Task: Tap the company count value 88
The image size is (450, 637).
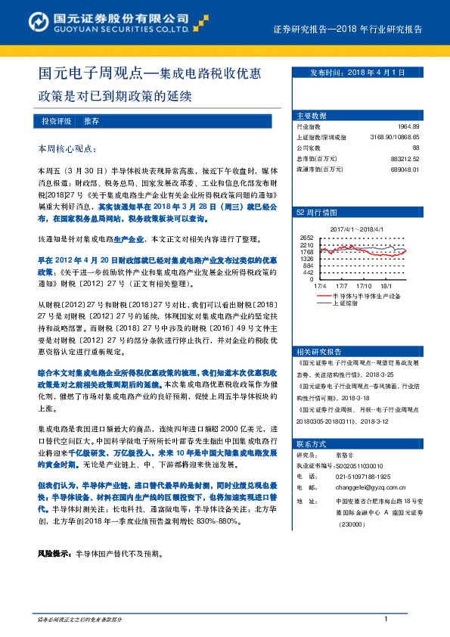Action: [425, 148]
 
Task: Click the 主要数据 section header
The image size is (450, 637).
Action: [312, 116]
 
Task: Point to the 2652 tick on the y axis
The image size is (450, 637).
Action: [306, 238]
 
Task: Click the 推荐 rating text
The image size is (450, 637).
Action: [92, 121]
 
